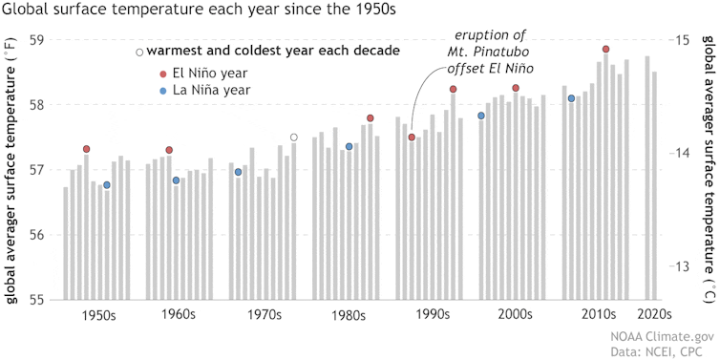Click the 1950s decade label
coord(99,340)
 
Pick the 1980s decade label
coord(344,340)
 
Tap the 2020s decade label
coord(654,340)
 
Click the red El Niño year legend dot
coord(163,73)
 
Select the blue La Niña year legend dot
coord(163,91)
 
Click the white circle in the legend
coord(139,51)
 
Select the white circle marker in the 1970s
coord(294,138)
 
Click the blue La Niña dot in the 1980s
coord(349,147)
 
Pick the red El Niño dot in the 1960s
coord(169,150)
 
